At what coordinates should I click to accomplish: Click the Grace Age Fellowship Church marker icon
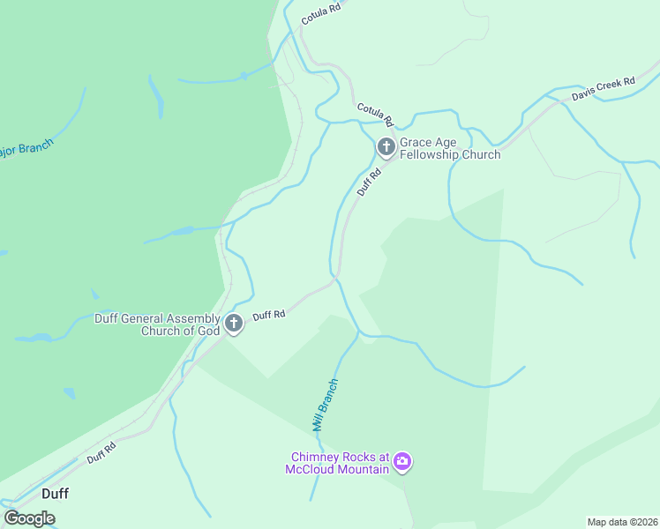[386, 147]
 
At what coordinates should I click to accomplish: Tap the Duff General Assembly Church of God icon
[234, 324]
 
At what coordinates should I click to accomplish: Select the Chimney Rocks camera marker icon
[402, 462]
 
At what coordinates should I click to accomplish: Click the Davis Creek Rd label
[603, 89]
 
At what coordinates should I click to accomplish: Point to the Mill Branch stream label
[325, 405]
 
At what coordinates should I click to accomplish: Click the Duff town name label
[55, 494]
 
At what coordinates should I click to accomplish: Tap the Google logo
[29, 518]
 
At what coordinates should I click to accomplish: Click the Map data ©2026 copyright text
[622, 522]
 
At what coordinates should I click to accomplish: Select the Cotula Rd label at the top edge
[320, 12]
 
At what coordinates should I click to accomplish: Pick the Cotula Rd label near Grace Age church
[374, 114]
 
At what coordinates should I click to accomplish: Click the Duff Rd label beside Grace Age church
[369, 183]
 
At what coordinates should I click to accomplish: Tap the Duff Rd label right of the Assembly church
[268, 314]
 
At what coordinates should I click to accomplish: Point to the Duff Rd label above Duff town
[101, 453]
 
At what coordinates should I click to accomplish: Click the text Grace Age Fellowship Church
[450, 148]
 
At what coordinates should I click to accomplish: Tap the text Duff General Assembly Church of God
[157, 324]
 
